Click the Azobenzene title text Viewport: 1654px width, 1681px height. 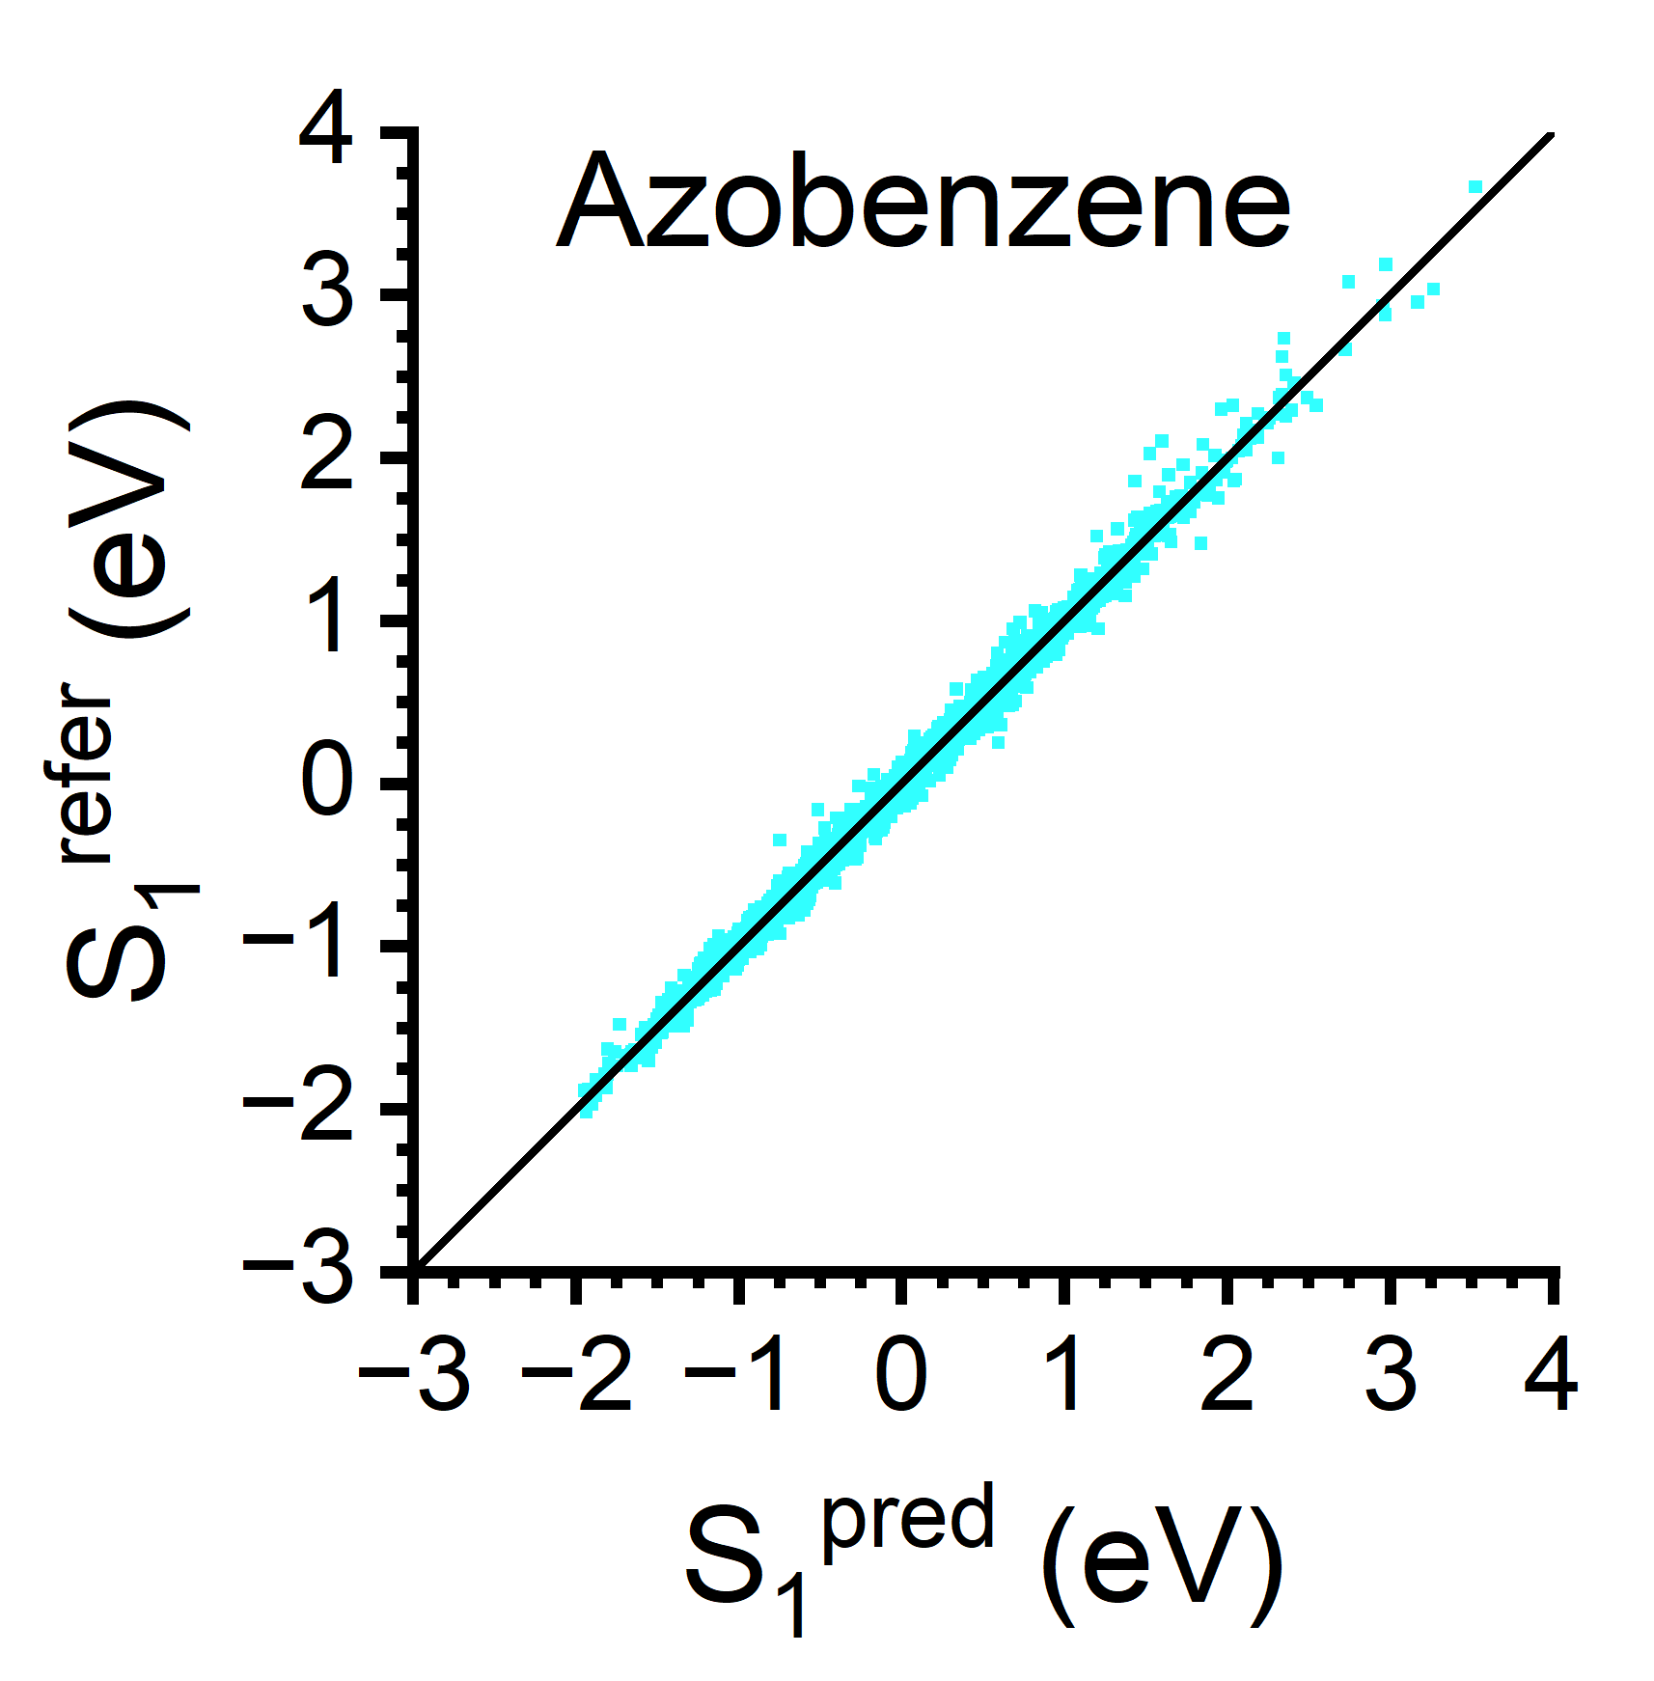pyautogui.click(x=923, y=203)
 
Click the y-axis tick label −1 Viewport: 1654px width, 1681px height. pyautogui.click(x=298, y=946)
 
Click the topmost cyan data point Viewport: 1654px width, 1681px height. pyautogui.click(x=1475, y=187)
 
